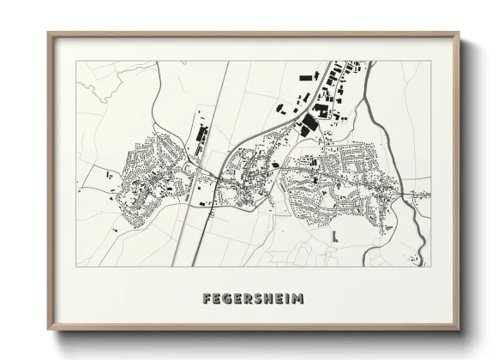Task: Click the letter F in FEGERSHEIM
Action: tap(207, 299)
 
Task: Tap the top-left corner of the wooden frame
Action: tap(49, 33)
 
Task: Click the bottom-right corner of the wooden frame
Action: tap(459, 330)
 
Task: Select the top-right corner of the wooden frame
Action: tap(459, 33)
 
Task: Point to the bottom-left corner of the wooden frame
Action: tap(49, 330)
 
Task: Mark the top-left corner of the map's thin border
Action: tap(75, 61)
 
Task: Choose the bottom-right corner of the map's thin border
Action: tap(431, 266)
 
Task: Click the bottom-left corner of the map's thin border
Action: tap(75, 266)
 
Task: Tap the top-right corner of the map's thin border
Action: tap(431, 61)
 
